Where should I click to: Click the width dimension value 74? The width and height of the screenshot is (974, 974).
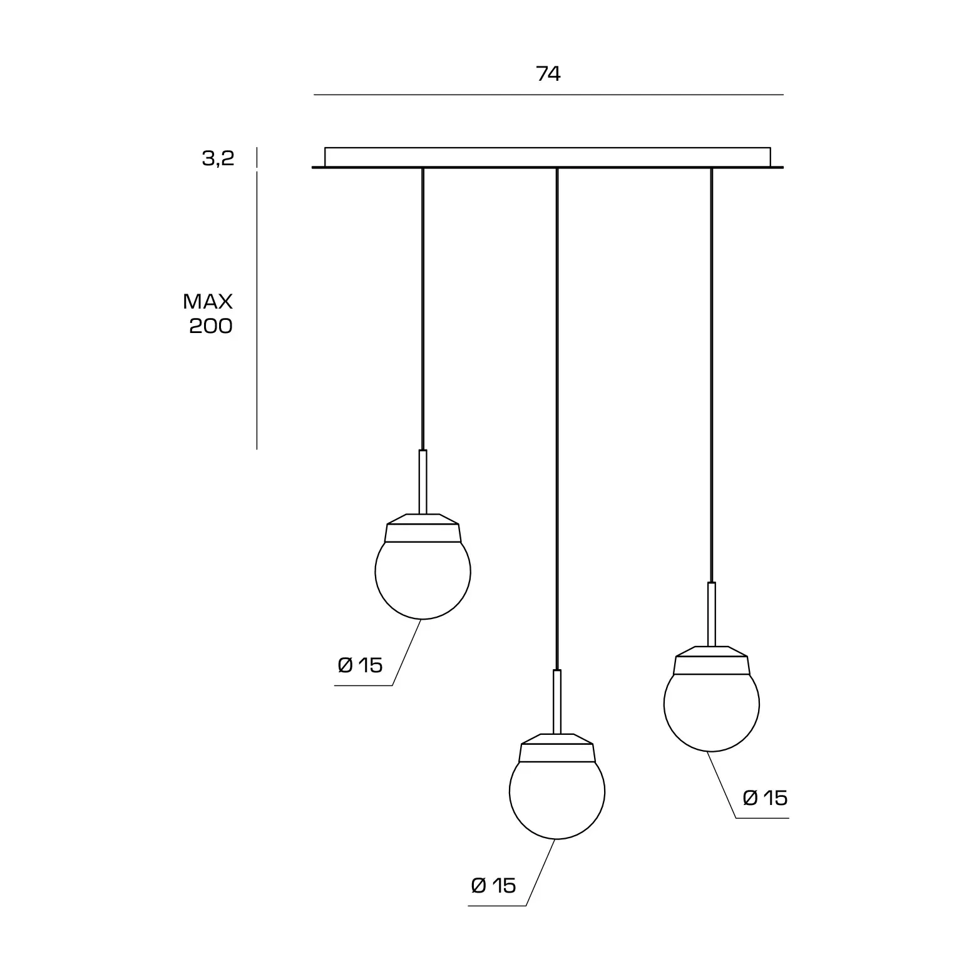[x=548, y=74]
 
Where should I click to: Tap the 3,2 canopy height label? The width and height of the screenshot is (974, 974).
[x=218, y=158]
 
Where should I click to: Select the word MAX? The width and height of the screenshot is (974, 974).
[x=208, y=302]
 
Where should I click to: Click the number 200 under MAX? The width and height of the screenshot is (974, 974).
[x=211, y=326]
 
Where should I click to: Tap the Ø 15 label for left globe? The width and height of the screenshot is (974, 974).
[x=360, y=665]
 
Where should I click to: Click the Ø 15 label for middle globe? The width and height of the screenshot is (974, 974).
[x=493, y=886]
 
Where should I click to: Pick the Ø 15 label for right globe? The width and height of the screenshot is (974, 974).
[x=765, y=797]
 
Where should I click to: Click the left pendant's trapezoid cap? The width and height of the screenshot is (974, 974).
[x=423, y=528]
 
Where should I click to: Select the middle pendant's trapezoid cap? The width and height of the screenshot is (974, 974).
[x=557, y=748]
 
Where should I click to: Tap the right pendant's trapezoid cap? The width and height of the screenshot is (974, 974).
[x=712, y=660]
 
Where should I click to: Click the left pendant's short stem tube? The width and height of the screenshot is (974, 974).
[x=423, y=482]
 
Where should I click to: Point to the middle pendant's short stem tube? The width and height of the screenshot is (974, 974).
[x=557, y=702]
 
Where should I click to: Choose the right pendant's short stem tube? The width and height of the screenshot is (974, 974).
[x=712, y=614]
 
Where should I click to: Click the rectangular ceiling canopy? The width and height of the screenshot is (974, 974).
[x=548, y=157]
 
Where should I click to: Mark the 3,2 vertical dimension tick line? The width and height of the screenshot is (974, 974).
[x=257, y=158]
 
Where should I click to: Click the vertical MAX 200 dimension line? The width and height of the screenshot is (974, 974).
[x=257, y=310]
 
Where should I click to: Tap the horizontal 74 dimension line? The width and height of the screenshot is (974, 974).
[x=548, y=95]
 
